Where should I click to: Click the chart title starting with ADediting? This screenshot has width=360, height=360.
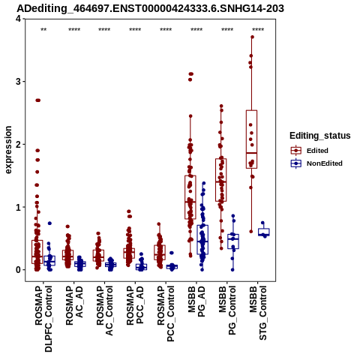150,9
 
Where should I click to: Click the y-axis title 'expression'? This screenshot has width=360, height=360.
8,150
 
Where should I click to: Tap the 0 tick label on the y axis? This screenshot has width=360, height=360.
18,270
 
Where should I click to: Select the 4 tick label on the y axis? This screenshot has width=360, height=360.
18,19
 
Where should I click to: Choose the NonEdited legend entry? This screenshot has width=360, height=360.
316,163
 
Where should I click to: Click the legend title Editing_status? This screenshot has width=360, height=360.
320,136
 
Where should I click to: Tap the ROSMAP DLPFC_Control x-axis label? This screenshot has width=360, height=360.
43,319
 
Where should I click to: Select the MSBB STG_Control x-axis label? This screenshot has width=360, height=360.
258,313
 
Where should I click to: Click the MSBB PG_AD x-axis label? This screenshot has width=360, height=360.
196,301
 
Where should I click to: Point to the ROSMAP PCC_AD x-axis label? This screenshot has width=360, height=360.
135,306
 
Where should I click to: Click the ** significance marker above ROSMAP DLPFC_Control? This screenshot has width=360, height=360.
43,30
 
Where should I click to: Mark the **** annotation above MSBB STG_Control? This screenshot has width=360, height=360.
258,30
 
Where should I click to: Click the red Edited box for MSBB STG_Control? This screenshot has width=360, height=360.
251,139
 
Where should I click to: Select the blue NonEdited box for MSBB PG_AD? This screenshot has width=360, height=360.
202,240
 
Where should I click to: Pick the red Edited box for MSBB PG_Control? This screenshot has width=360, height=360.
221,180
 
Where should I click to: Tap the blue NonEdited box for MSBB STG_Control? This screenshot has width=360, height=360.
264,232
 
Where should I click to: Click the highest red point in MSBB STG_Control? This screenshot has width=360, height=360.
252,37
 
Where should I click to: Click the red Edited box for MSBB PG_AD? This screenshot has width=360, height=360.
190,197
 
